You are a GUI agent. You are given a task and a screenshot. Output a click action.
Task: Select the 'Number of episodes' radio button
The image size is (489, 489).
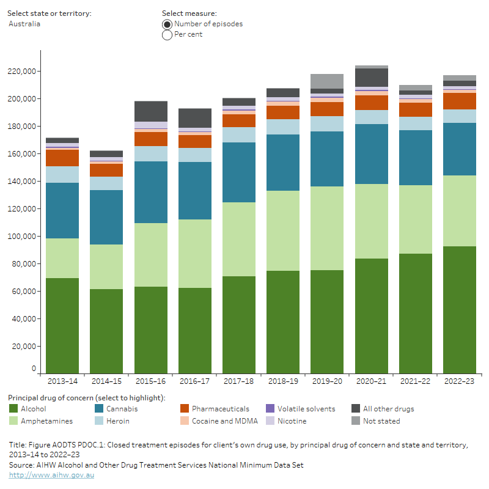167,24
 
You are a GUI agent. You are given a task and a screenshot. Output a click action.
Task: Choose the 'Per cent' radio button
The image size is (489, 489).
167,35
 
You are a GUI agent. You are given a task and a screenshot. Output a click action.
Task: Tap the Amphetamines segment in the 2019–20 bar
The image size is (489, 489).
327,228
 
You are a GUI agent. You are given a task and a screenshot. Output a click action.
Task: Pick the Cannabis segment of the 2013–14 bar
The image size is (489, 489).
62,210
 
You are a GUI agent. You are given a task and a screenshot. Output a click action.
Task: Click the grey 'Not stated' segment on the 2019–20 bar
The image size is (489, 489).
327,81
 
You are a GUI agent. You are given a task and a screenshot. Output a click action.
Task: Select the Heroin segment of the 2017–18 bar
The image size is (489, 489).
238,134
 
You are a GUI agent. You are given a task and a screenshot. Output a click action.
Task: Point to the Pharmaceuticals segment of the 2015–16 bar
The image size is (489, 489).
150,139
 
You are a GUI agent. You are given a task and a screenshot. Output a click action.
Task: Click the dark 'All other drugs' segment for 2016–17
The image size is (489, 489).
194,117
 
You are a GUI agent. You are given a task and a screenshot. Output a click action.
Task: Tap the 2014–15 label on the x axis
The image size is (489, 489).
106,381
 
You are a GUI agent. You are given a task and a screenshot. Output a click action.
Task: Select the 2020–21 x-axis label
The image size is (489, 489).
371,381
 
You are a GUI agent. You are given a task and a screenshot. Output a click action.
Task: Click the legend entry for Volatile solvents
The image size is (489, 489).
306,408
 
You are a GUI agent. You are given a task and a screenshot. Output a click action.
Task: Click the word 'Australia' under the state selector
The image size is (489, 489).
24,24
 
